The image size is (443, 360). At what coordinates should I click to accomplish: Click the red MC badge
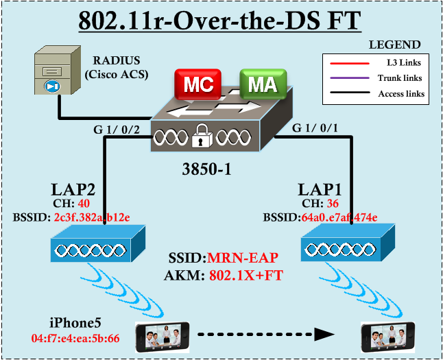pyautogui.click(x=194, y=85)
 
